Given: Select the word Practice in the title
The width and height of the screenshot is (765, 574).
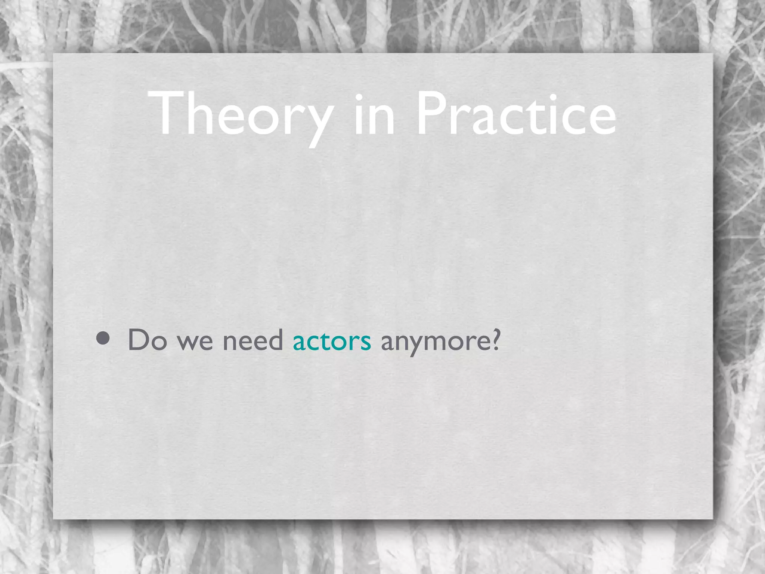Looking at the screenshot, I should point(515,114).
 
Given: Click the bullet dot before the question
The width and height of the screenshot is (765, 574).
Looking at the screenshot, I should point(103,339).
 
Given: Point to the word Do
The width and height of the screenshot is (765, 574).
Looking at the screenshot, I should point(147,340).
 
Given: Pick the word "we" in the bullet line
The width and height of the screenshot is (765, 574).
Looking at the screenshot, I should point(195,342).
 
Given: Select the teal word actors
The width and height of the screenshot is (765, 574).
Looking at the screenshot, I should point(332,341).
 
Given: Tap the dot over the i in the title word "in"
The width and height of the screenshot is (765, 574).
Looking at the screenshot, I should point(359,98).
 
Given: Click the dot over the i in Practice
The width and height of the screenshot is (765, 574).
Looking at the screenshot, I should point(553,98).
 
